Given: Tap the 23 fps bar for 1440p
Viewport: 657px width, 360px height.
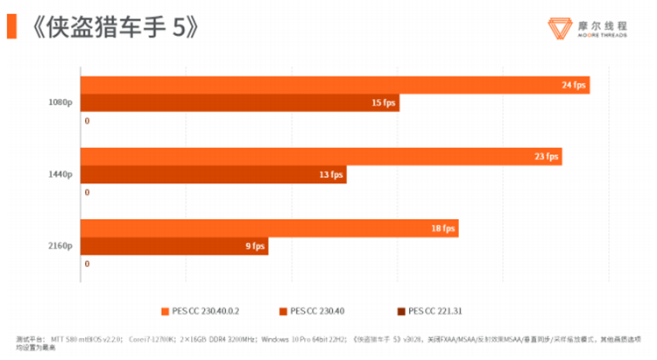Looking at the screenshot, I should tap(321, 157).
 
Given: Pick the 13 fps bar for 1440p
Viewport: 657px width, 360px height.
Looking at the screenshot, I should tap(213, 174).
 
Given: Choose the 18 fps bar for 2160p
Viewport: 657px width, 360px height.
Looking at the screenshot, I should tap(269, 229).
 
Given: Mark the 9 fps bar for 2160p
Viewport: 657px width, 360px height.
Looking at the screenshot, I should tap(174, 246).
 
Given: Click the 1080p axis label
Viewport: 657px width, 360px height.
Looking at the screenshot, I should tap(60, 102).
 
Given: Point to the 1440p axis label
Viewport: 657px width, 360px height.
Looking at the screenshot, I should tap(60, 174).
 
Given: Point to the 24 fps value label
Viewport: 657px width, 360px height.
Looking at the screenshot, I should tap(574, 85).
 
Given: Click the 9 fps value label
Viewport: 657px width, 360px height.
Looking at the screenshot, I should tap(252, 246).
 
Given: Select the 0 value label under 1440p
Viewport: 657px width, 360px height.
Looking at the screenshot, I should tap(87, 192).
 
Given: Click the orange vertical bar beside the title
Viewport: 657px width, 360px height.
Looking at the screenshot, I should tap(11, 26).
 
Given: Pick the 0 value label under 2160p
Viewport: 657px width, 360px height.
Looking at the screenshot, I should tap(87, 264).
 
